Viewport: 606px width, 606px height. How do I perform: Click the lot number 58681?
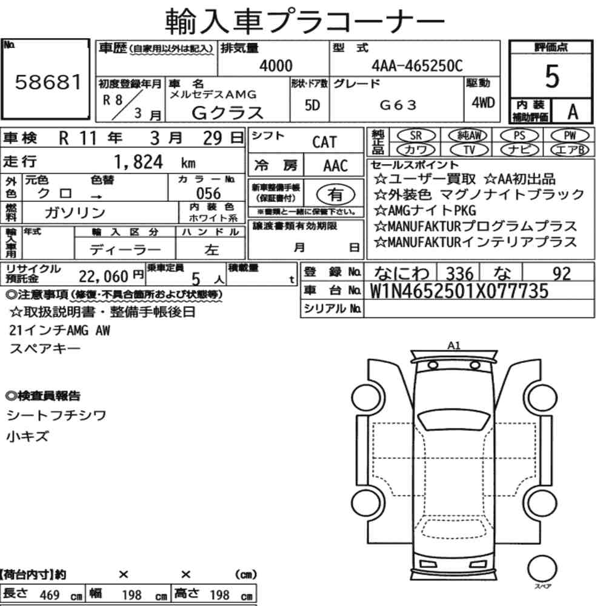pos(48,82)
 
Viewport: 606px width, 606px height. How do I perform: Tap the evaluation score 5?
pos(552,76)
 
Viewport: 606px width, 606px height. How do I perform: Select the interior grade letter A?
pos(573,112)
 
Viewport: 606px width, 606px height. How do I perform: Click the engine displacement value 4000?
pos(276,65)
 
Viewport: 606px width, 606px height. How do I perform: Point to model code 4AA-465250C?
pos(417,65)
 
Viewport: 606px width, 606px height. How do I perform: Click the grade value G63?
pos(398,105)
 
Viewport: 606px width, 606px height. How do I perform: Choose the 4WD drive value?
pos(483,102)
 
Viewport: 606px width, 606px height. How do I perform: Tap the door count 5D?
pos(312,105)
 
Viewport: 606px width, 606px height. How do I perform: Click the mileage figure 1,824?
pos(138,162)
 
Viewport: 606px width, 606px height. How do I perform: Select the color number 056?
pos(208,193)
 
